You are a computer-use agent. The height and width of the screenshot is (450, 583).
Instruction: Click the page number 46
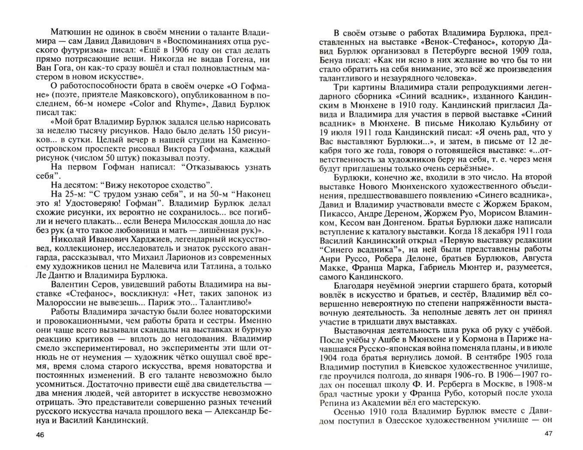39,435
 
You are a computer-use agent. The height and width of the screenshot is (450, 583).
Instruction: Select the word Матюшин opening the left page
69,32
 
